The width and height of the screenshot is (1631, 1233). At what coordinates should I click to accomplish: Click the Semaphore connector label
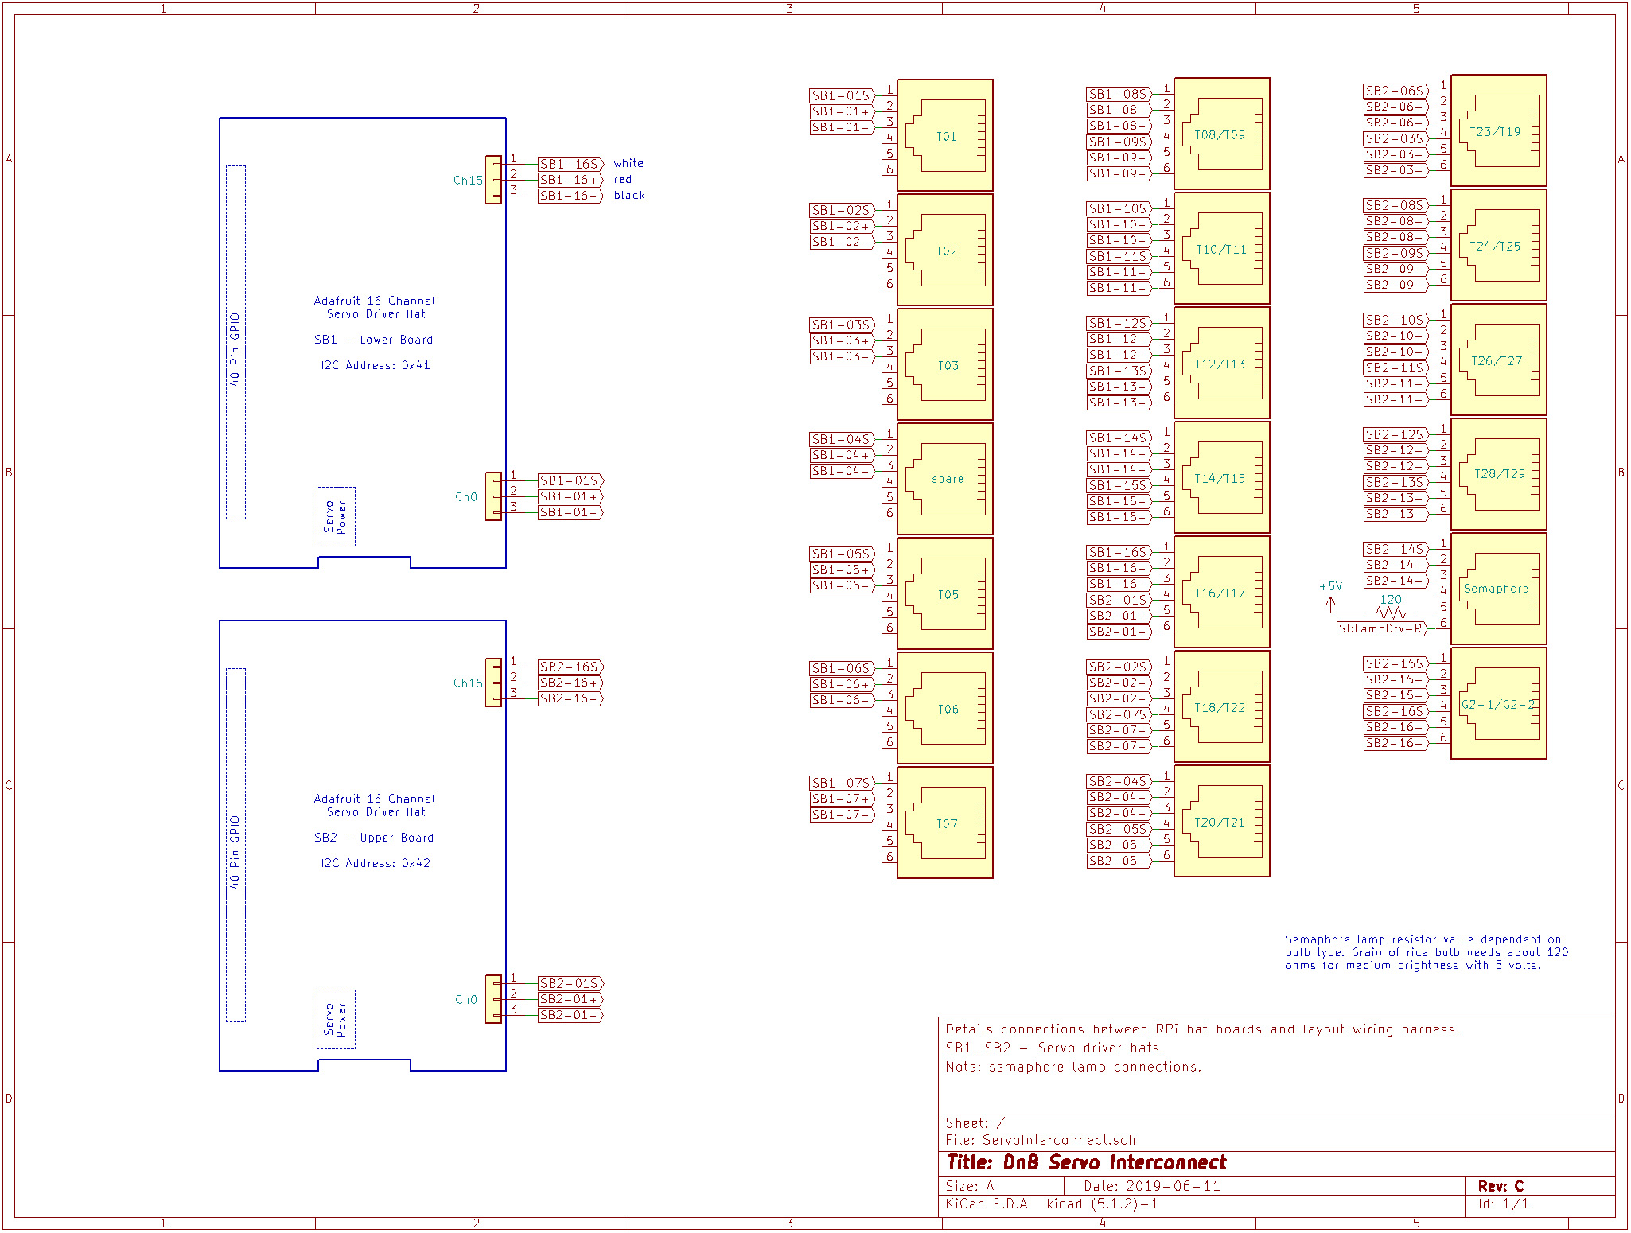(1496, 589)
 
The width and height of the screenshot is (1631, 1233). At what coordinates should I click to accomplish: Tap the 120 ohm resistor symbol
(1391, 613)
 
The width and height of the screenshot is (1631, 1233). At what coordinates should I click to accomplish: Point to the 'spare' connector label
(947, 479)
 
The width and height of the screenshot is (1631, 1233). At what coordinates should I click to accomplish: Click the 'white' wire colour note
(629, 163)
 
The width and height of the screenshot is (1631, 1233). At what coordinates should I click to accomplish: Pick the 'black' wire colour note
(629, 195)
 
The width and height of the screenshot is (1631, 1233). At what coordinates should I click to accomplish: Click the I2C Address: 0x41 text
(376, 365)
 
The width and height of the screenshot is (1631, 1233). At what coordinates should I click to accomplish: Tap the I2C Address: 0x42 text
(376, 863)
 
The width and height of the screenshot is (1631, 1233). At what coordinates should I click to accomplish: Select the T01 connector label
(946, 137)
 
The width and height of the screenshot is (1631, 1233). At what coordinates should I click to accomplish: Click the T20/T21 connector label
(1220, 823)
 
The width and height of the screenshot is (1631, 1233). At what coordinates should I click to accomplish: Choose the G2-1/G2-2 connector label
(1497, 705)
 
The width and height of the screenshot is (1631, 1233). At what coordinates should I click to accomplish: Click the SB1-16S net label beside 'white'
(570, 164)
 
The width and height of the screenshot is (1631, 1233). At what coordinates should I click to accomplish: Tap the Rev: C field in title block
(1501, 1185)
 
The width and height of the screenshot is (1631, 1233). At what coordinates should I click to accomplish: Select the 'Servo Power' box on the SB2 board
(336, 1019)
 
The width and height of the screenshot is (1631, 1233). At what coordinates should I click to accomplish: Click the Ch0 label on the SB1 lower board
(466, 497)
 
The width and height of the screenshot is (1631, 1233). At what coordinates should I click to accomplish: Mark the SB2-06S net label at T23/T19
(1395, 91)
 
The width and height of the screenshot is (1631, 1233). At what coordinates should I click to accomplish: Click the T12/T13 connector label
(1220, 364)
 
